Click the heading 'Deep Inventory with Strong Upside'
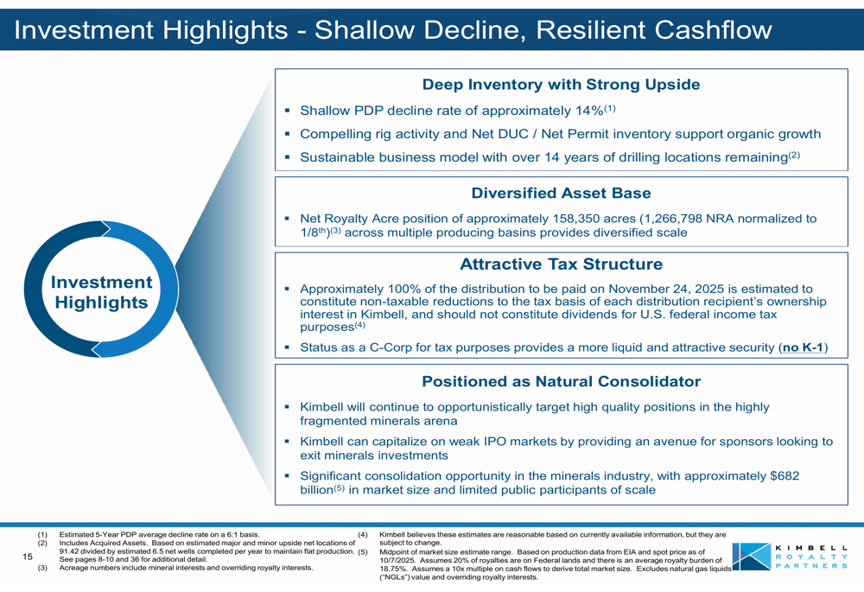[x=561, y=85]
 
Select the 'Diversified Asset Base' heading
[x=561, y=193]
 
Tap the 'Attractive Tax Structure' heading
[x=561, y=264]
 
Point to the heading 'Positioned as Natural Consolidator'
[x=561, y=381]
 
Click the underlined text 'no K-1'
[x=803, y=347]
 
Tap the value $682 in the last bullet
[x=785, y=475]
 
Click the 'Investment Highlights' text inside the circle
[x=101, y=292]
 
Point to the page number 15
[x=28, y=557]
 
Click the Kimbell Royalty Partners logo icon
[x=751, y=557]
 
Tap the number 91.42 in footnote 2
[x=68, y=551]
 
